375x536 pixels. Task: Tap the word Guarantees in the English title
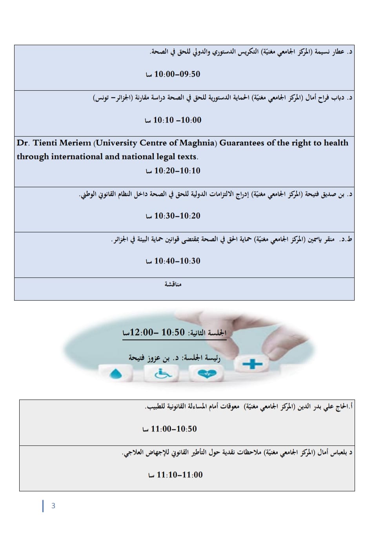(242, 143)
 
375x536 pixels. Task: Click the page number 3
(53, 506)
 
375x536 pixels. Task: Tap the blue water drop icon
(115, 374)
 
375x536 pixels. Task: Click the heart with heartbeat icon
(207, 374)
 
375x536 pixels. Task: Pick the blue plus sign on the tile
(252, 364)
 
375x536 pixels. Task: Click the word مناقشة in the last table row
(173, 284)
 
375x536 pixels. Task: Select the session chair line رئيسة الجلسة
(175, 358)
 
